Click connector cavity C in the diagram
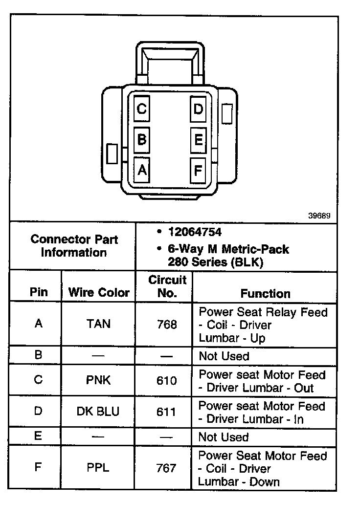pos(141,109)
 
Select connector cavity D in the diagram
pos(198,109)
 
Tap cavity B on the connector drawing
pos(141,140)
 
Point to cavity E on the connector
pos(198,140)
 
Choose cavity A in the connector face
pos(141,170)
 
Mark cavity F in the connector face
pos(198,171)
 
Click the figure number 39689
pos(319,216)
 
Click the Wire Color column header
pos(99,292)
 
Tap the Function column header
pos(265,293)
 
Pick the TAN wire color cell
pos(98,324)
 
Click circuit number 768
pos(166,324)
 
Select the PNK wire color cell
pos(98,380)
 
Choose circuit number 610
pos(166,381)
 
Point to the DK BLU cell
pos(98,412)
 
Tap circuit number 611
pos(166,412)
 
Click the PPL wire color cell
pos(98,468)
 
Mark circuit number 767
pos(166,468)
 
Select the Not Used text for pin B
pos(224,356)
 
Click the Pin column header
pos(39,292)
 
